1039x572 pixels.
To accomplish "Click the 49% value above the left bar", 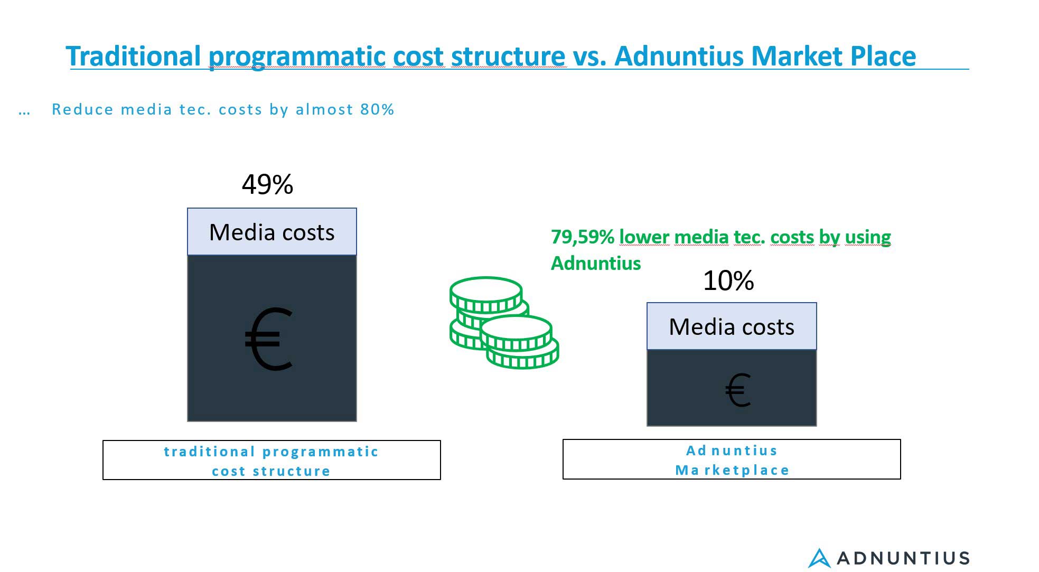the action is pos(267,184).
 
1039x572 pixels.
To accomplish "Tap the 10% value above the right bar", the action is pos(728,280).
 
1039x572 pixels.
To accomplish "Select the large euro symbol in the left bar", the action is pos(269,339).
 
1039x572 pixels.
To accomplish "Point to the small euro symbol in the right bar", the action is pos(738,390).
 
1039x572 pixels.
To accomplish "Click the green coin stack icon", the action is pos(504,322).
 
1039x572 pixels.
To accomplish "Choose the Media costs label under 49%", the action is pos(272,232).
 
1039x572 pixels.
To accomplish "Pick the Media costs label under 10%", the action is pos(732,327).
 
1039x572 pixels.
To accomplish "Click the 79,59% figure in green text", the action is pos(582,237).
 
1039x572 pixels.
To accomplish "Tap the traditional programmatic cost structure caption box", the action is pos(272,460).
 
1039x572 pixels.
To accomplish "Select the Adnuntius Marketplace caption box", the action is pos(732,459).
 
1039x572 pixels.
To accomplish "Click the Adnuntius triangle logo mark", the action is pos(819,558).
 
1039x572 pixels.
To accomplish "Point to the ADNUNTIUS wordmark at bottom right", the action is pos(903,558).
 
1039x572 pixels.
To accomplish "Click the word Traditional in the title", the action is pos(134,56).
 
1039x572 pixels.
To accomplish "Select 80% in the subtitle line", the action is pos(377,109).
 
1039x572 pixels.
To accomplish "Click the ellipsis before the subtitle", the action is pos(24,112).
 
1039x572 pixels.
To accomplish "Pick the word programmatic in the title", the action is pos(297,57).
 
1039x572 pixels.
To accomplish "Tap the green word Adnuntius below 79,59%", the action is pos(596,263).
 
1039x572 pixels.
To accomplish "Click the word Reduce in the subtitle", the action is pos(82,109).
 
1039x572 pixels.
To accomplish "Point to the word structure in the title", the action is pos(508,56).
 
